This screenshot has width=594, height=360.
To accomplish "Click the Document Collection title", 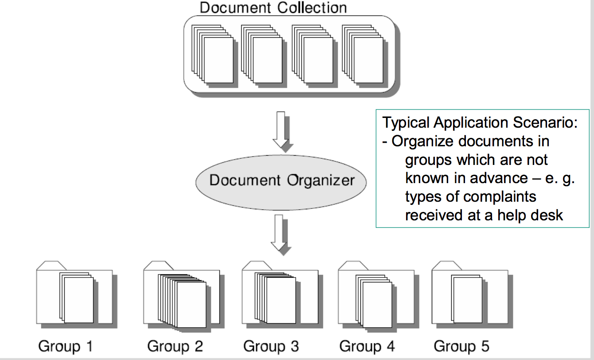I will pyautogui.click(x=273, y=8).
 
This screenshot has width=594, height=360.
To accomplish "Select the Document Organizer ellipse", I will pyautogui.click(x=281, y=181).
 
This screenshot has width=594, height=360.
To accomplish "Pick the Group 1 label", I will pyautogui.click(x=66, y=346).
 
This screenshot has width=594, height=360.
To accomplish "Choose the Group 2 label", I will pyautogui.click(x=175, y=346).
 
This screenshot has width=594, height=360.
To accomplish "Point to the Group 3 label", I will pyautogui.click(x=271, y=346).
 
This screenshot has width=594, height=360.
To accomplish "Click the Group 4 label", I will pyautogui.click(x=367, y=346).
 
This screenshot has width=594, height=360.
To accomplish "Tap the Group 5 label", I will pyautogui.click(x=461, y=346).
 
